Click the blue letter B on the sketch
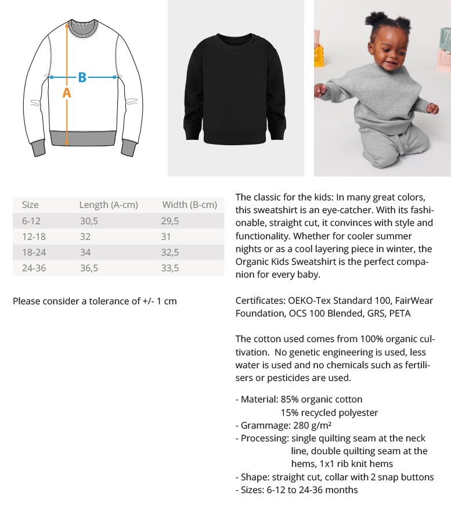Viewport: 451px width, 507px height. tap(82, 77)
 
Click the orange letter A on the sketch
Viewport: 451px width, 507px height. tap(67, 93)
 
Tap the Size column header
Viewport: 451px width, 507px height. tap(30, 204)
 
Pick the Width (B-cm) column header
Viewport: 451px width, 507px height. tap(189, 204)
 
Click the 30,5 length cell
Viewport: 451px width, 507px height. tap(89, 221)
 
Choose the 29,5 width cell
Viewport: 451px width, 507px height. tap(170, 221)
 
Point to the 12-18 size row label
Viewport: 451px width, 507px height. tap(34, 236)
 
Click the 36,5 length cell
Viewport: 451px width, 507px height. tap(89, 268)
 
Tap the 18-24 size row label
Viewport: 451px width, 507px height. tap(34, 252)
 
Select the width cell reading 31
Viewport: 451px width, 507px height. tap(168, 236)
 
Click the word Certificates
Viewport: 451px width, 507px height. tap(259, 301)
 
